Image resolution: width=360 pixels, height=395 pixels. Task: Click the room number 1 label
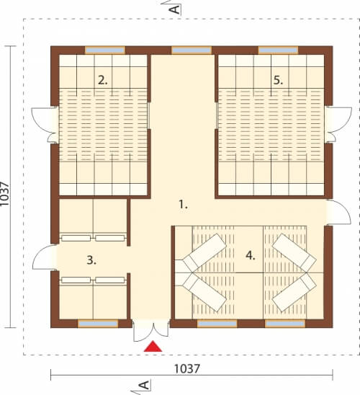(183, 204)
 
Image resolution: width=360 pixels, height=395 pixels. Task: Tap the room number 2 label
(103, 80)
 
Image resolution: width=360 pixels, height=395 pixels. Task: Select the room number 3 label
(91, 260)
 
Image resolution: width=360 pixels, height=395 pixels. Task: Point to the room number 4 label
(251, 256)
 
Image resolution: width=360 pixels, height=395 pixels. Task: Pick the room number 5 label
(278, 80)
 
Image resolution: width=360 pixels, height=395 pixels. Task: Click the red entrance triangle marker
(153, 347)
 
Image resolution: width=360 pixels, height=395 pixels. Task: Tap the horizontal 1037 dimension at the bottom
(187, 369)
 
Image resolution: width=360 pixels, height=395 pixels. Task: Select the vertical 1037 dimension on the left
(5, 194)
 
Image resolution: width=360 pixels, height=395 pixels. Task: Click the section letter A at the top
(175, 9)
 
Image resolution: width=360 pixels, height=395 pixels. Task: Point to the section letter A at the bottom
(145, 385)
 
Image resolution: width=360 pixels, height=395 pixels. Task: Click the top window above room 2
(105, 50)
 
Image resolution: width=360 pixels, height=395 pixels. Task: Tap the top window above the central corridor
(192, 50)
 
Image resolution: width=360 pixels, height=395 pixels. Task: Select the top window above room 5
(278, 50)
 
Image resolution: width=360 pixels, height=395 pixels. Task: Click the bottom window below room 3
(98, 324)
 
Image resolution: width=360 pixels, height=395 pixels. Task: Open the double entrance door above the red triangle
(151, 331)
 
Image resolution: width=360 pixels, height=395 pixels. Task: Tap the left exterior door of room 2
(45, 125)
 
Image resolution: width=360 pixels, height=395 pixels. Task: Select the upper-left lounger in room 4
(204, 251)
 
